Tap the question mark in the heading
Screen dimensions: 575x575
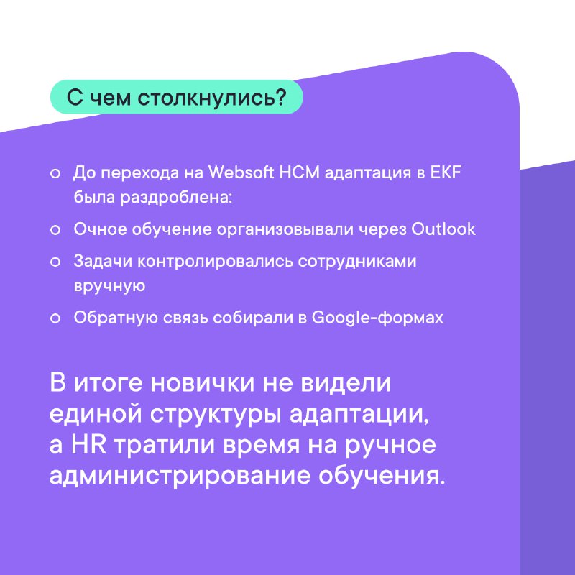(280, 97)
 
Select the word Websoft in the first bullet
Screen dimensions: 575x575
(241, 172)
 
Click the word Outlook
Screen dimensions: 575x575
(443, 229)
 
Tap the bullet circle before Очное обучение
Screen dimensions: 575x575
(55, 230)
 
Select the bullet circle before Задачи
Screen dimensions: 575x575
(55, 262)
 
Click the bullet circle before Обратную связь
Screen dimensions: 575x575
(55, 318)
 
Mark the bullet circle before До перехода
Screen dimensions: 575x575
(55, 173)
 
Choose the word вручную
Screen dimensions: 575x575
(110, 286)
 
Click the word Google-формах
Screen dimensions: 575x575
(377, 318)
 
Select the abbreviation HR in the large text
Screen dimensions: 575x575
(88, 444)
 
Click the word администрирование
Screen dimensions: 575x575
(180, 477)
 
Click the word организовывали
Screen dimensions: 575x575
(285, 230)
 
